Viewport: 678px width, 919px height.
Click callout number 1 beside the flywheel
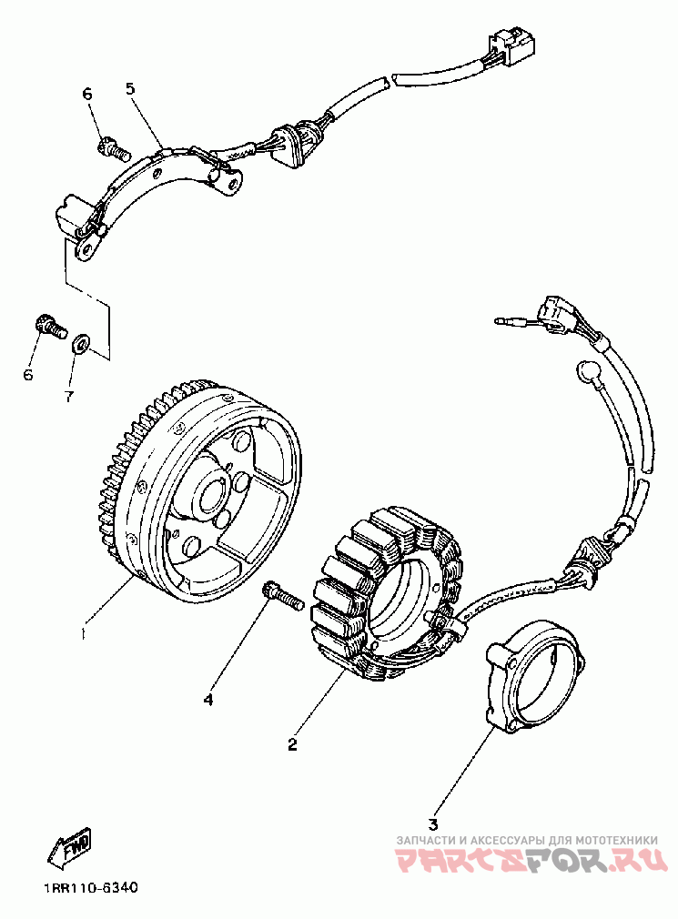[x=84, y=630]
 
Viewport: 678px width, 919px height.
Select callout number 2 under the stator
[x=292, y=744]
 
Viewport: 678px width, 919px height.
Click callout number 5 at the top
[x=129, y=88]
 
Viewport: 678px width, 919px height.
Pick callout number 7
[x=68, y=397]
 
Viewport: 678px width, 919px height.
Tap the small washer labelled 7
[x=80, y=344]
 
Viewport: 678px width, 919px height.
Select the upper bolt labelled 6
[x=108, y=145]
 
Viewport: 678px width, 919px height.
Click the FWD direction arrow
[x=69, y=849]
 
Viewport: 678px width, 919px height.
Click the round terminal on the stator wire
[x=586, y=371]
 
